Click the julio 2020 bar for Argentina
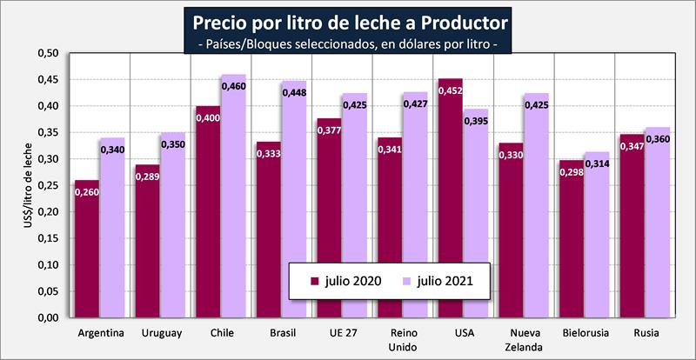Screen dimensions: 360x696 click(86, 252)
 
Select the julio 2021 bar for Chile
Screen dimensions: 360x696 click(232, 200)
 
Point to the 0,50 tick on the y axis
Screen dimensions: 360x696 click(46, 54)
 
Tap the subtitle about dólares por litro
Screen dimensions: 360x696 click(348, 43)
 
